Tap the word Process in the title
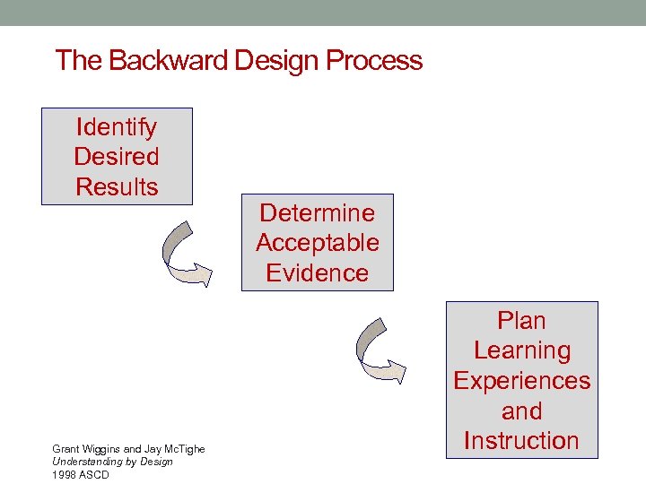374,61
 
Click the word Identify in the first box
117,127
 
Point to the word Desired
117,157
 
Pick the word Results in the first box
117,187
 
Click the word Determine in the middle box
317,213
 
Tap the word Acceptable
317,243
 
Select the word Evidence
317,273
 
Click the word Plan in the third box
521,321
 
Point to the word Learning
521,350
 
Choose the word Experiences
521,381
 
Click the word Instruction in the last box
521,441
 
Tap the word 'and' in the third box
521,411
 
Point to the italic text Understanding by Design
112,461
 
